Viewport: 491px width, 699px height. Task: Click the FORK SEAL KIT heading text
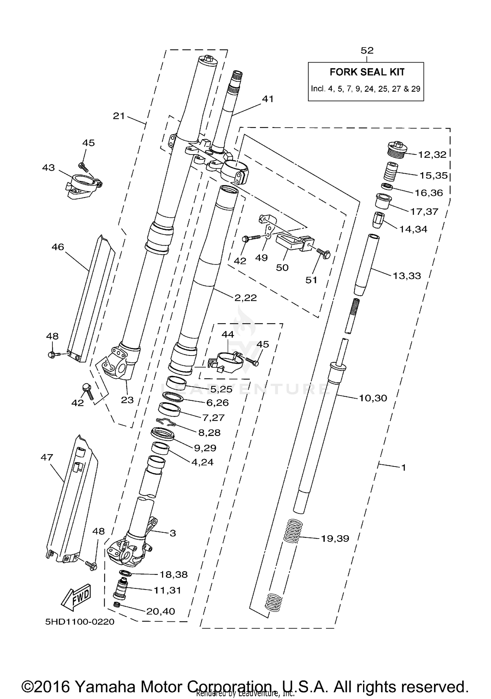367,72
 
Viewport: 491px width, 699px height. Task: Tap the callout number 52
367,50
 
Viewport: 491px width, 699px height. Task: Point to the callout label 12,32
432,155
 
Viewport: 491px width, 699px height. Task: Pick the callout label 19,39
335,538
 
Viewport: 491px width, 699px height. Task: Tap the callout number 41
268,99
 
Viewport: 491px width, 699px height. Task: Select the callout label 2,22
245,298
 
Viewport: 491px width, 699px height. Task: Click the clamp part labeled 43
83,186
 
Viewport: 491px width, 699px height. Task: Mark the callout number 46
58,247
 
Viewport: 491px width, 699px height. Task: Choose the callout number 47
47,457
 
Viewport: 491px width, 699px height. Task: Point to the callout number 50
282,268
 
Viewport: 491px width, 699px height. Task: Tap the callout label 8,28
209,432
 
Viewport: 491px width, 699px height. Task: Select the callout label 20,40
160,611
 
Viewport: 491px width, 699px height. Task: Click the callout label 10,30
373,398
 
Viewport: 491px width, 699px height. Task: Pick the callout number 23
127,400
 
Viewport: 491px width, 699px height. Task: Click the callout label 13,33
407,276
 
